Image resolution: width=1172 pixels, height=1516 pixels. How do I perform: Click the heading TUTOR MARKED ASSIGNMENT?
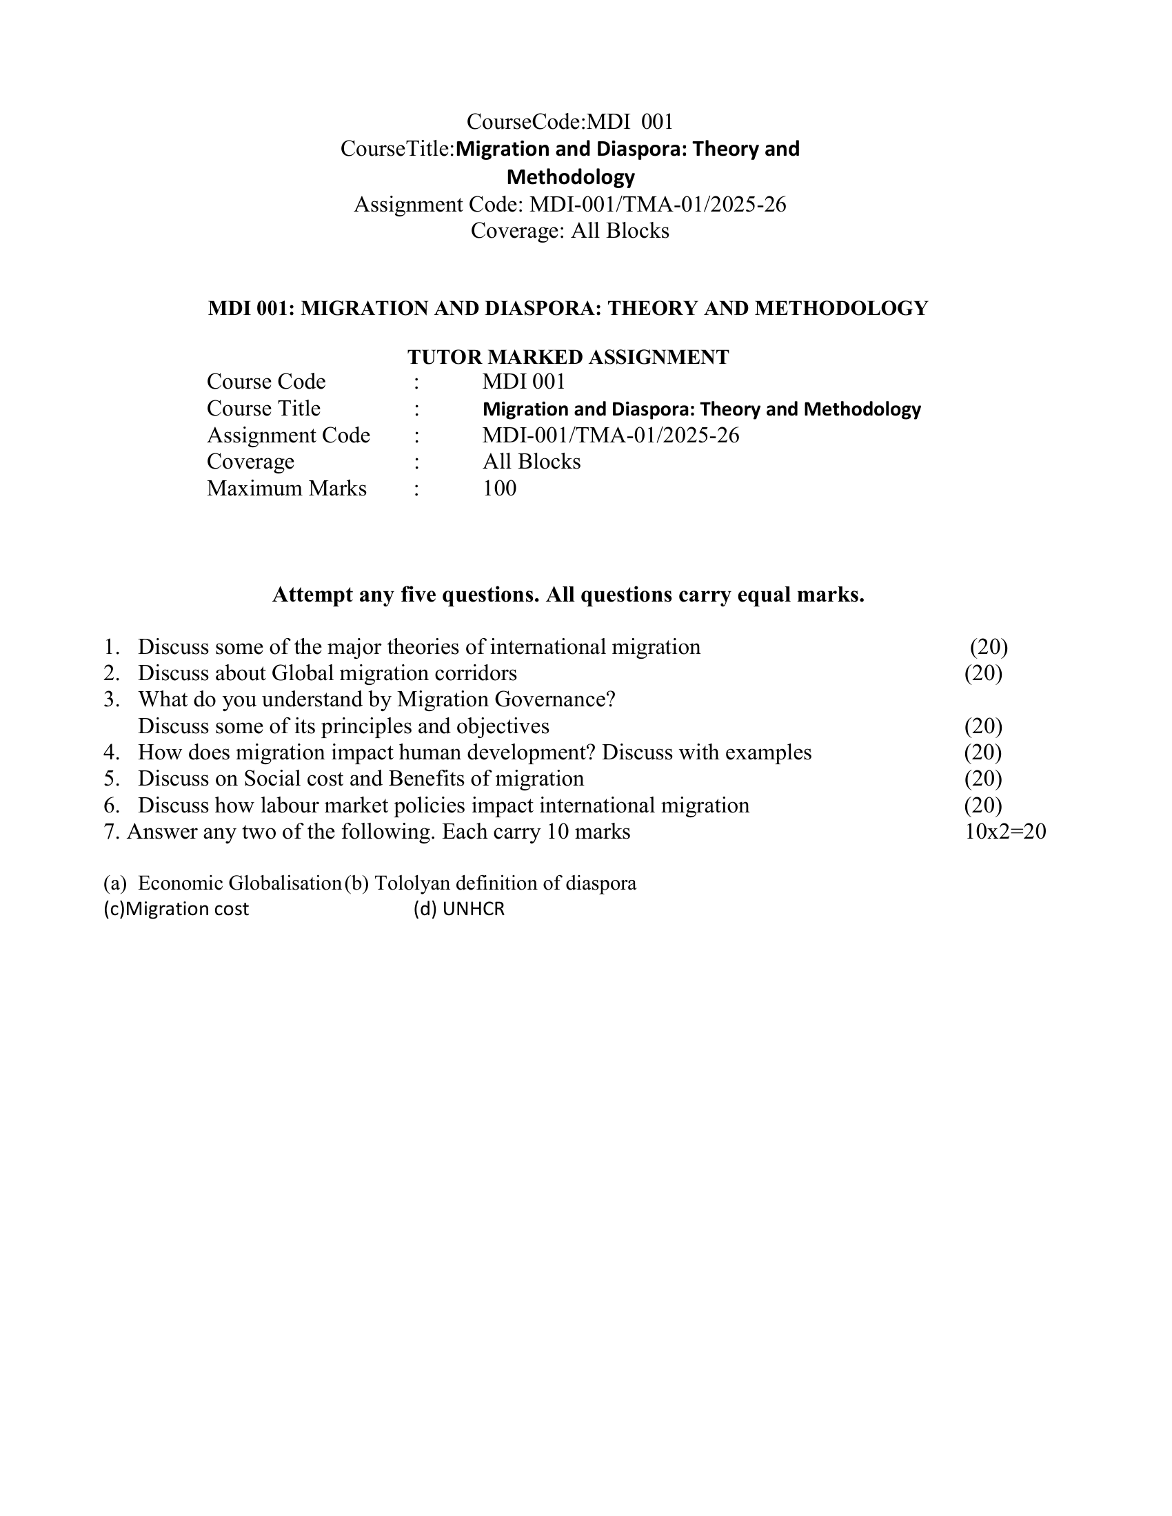[568, 357]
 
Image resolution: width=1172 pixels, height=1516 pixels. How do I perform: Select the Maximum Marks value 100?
[499, 488]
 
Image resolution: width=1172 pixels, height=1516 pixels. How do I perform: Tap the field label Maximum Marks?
[286, 488]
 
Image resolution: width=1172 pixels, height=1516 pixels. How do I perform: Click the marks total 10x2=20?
[1004, 831]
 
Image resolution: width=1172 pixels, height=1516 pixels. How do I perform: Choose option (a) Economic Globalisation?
[222, 883]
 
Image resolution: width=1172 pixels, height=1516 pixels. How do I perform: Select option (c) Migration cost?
[176, 909]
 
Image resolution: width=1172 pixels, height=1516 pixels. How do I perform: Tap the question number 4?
[111, 752]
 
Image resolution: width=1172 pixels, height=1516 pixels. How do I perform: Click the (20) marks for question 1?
[989, 646]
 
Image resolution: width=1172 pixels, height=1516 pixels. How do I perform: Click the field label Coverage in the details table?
[250, 462]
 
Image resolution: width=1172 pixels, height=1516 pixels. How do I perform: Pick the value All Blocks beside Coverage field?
[531, 462]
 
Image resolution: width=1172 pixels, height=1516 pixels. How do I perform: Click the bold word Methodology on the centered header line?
[571, 177]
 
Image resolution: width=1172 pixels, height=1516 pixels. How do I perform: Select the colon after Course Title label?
[416, 409]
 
